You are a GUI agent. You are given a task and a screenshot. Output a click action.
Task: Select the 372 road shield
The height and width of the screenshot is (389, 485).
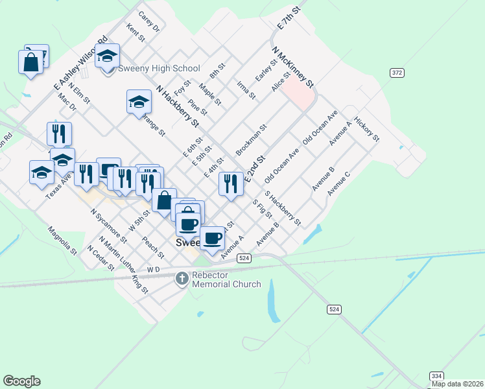[397, 73]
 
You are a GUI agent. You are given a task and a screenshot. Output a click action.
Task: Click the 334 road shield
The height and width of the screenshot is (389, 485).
[436, 376]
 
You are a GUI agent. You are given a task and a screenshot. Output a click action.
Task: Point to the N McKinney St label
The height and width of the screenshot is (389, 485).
[293, 67]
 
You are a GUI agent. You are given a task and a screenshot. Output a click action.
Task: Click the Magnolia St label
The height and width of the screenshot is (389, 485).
[62, 239]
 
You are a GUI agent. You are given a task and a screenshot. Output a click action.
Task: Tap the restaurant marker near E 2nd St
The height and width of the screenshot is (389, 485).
[231, 183]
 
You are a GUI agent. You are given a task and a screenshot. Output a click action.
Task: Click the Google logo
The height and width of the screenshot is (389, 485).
[21, 381]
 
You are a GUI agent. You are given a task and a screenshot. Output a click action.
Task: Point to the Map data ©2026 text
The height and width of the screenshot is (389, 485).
[457, 384]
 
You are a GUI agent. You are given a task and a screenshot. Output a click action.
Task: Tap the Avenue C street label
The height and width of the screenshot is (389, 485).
[338, 183]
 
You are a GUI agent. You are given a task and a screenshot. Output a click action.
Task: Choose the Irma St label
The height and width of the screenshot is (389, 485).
[246, 90]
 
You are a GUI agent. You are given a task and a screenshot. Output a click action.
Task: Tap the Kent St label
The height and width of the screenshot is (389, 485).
[136, 33]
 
